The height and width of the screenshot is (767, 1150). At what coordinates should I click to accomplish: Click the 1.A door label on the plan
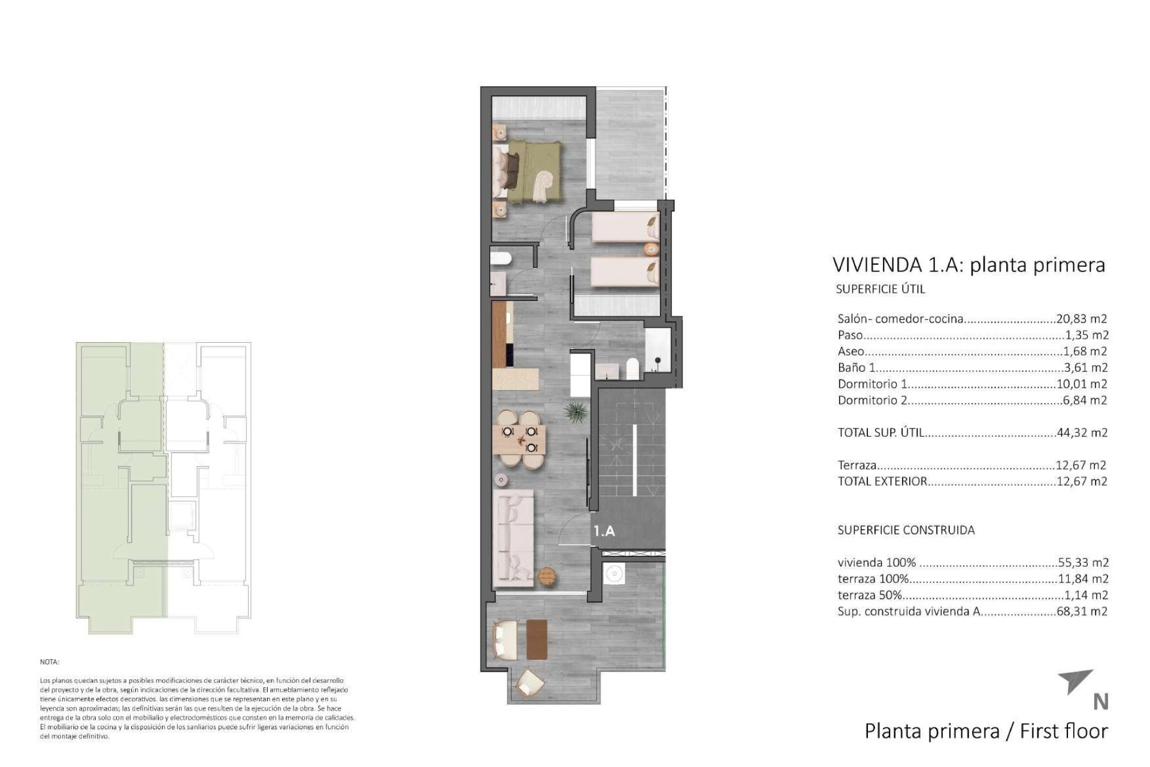[604, 531]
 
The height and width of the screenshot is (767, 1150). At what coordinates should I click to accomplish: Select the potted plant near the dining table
[576, 412]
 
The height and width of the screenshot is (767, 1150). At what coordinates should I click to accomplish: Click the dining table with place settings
[520, 439]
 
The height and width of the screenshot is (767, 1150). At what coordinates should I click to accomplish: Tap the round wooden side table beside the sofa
[547, 576]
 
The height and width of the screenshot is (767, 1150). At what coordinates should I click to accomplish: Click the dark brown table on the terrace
[537, 639]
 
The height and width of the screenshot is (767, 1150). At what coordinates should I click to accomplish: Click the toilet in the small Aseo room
[500, 258]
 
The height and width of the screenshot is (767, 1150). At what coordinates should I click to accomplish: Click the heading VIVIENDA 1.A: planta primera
[969, 265]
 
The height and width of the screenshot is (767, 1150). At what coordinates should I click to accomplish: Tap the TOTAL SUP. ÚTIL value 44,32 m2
[1082, 433]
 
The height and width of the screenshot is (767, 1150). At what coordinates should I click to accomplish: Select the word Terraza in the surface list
[857, 465]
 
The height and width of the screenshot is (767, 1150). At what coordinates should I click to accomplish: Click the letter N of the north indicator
[1100, 702]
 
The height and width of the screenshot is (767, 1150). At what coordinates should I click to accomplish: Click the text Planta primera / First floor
[986, 731]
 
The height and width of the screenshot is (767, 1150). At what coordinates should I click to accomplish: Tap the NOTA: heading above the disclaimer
[50, 662]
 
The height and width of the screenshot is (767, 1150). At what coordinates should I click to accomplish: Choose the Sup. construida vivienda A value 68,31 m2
[1082, 612]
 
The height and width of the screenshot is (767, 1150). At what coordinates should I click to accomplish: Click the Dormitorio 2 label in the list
[872, 400]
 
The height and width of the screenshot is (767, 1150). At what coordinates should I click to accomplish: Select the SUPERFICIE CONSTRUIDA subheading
[906, 530]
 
